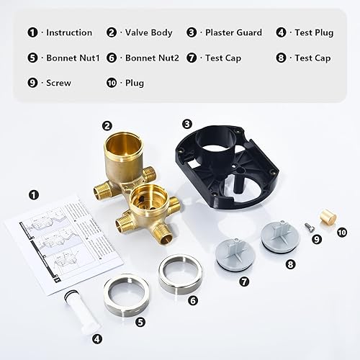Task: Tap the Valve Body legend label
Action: pos(149,32)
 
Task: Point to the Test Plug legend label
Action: pos(314,32)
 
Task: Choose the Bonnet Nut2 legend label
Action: pos(149,58)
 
